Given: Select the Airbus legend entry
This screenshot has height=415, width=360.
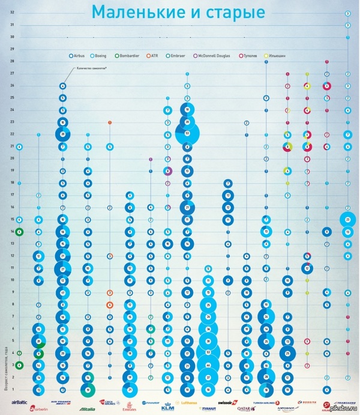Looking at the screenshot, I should (x=81, y=55).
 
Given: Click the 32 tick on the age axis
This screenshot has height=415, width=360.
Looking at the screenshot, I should (x=12, y=13).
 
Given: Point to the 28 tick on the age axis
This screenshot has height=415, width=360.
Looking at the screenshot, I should (x=12, y=61).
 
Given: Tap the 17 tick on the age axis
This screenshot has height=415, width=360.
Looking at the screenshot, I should (x=12, y=195).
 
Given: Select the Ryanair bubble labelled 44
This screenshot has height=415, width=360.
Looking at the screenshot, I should (x=208, y=365).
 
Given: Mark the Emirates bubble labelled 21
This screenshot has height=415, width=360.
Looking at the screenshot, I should (x=130, y=390).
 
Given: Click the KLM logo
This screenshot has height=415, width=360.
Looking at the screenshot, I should (x=167, y=406).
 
